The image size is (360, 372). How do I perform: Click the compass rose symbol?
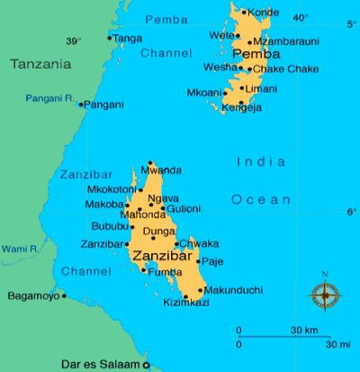[325, 295]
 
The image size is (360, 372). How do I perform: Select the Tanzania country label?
[40, 63]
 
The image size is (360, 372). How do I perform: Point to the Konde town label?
[263, 13]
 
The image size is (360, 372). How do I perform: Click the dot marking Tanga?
[110, 38]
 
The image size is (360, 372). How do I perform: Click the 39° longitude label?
[73, 41]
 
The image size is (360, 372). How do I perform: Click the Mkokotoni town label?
[110, 190]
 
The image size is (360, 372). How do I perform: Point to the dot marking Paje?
[199, 261]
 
